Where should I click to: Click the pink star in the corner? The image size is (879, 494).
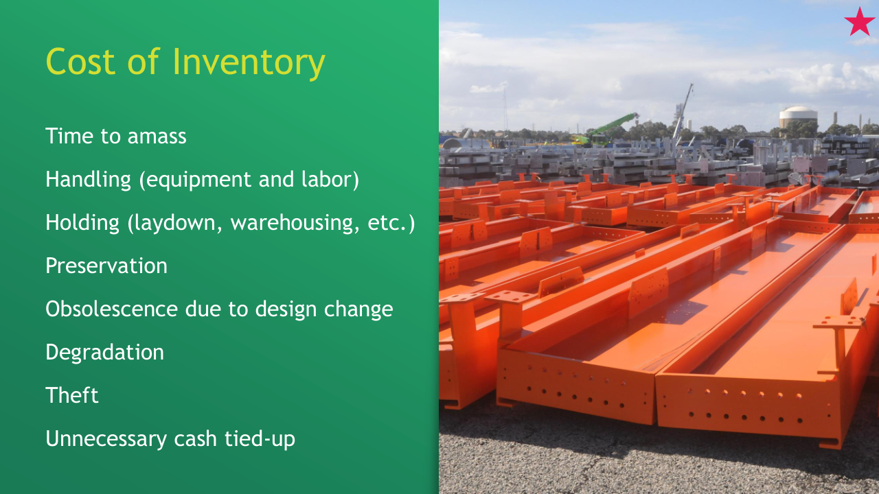(x=859, y=23)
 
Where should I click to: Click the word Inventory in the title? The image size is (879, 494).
(x=249, y=62)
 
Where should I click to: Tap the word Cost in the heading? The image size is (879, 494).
(x=80, y=62)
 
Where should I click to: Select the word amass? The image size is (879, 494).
(x=157, y=137)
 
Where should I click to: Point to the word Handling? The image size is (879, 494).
(x=89, y=179)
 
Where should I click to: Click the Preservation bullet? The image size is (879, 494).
(x=106, y=266)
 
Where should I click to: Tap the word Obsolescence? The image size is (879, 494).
(x=112, y=309)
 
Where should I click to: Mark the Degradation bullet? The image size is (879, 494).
(x=105, y=353)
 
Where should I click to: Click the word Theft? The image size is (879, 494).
(x=72, y=395)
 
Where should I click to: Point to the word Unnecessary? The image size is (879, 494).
(x=106, y=439)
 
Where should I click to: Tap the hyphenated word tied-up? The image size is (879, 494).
(x=260, y=439)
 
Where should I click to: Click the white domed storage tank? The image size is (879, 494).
(x=798, y=117)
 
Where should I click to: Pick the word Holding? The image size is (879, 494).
(x=82, y=222)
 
